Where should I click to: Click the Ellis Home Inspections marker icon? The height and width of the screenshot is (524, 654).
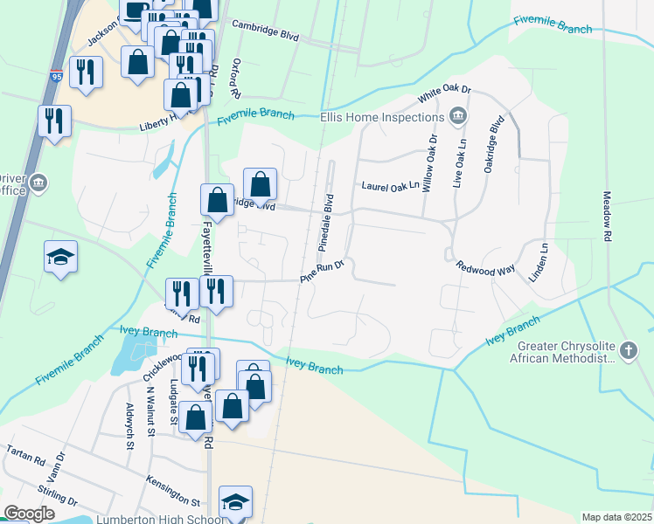pyautogui.click(x=456, y=117)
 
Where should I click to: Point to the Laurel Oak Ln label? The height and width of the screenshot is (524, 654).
pyautogui.click(x=391, y=186)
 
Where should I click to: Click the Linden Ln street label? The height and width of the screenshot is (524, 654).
pyautogui.click(x=539, y=262)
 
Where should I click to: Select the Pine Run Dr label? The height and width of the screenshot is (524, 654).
pyautogui.click(x=323, y=272)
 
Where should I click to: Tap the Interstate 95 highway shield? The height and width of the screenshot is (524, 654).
pyautogui.click(x=57, y=76)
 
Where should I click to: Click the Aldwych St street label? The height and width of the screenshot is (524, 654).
pyautogui.click(x=129, y=420)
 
